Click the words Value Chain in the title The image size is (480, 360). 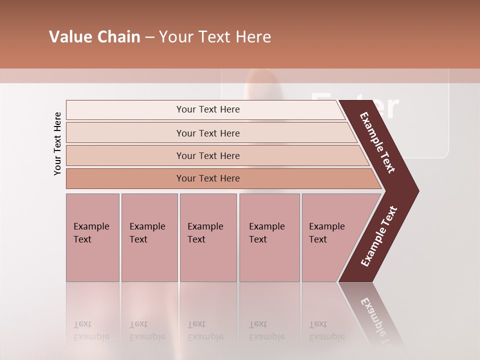tap(94, 37)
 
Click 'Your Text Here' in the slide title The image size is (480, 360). tap(215, 37)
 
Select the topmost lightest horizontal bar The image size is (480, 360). tap(208, 109)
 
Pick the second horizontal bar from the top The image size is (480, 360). tap(208, 133)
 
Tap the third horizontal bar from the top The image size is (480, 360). tap(208, 155)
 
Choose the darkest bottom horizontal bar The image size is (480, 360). tap(208, 178)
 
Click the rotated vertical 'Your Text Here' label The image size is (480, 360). tap(57, 143)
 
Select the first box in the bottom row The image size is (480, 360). tap(92, 237)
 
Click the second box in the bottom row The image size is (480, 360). tap(149, 237)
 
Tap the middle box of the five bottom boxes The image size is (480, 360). tap(208, 237)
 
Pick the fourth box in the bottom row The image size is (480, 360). tap(269, 237)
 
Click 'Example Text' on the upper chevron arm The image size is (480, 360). tap(377, 142)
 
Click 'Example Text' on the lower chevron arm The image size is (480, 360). tap(379, 236)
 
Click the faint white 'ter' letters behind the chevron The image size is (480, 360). tap(380, 107)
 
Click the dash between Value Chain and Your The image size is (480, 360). tap(149, 37)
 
